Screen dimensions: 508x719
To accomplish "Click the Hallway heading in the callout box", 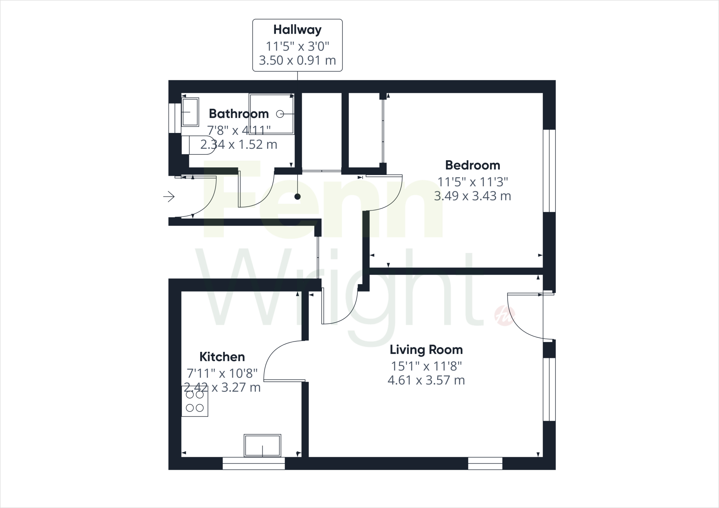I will point(297,30).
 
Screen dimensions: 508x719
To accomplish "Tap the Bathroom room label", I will point(239,114).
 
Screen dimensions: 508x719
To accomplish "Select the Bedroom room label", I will point(473,165).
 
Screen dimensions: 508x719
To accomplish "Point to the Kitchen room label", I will point(222,357).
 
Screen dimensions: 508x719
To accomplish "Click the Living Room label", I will point(426,350).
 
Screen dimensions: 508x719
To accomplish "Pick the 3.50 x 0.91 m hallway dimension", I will point(297,60).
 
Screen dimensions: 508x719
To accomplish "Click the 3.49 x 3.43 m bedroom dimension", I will point(473,196).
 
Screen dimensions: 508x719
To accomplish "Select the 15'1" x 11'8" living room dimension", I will point(426,366).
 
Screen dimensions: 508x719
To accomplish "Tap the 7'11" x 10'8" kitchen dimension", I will point(222,373).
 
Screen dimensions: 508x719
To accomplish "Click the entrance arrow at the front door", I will point(169,196).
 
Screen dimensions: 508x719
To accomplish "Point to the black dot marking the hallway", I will point(297,196).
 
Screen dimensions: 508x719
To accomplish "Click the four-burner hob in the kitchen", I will point(195,401).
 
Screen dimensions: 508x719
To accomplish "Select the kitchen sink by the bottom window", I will point(263,446).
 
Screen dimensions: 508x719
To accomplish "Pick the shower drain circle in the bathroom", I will point(280,114).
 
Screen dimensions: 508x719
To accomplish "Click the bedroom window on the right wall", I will point(549,171).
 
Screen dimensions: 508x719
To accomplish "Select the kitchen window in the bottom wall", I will point(253,463).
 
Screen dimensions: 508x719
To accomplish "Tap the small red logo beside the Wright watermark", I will point(500,314).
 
